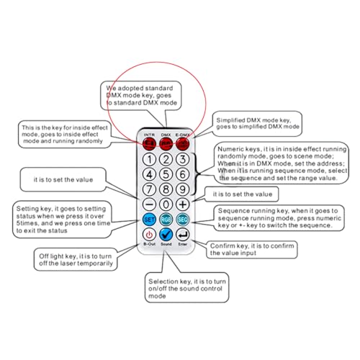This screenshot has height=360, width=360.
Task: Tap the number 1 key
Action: (x=149, y=159)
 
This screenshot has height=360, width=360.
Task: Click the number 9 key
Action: (x=183, y=189)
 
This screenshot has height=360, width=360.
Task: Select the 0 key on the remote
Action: (x=166, y=204)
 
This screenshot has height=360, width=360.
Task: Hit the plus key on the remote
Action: (x=183, y=204)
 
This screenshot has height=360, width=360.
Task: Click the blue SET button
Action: (x=149, y=220)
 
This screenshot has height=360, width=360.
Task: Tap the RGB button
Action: (x=166, y=220)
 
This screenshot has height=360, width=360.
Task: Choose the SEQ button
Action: (x=183, y=220)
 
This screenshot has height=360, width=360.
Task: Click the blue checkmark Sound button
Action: (x=166, y=235)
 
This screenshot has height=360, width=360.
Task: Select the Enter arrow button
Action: (x=183, y=235)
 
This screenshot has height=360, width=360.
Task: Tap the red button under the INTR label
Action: (x=149, y=144)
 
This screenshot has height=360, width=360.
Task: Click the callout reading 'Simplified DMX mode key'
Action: (x=257, y=124)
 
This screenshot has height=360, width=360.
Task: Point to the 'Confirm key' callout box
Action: (x=252, y=250)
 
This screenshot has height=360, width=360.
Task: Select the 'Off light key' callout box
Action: (x=76, y=260)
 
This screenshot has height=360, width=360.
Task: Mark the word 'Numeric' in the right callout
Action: (x=228, y=149)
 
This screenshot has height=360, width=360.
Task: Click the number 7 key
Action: (x=149, y=189)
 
